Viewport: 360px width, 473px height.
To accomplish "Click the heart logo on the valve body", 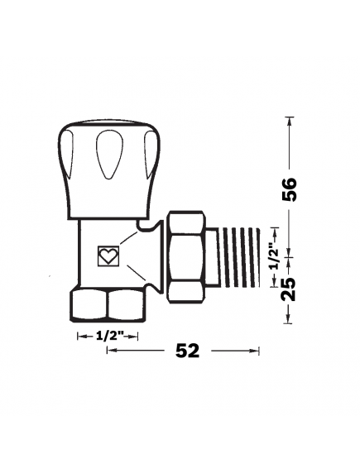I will [x=108, y=256].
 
